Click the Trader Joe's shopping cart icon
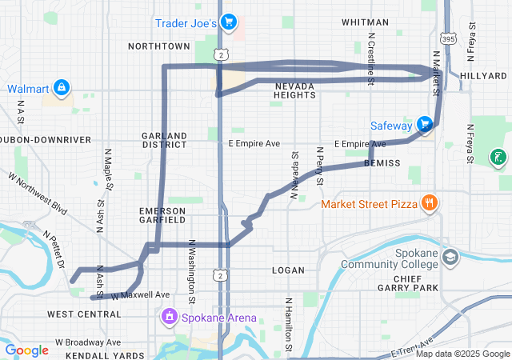click(228, 22)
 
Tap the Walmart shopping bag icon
click(62, 87)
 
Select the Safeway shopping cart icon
click(424, 125)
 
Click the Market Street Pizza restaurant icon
click(430, 203)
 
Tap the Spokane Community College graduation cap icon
click(450, 258)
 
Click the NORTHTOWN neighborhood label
click(158, 46)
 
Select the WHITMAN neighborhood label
click(365, 22)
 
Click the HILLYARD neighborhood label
click(484, 75)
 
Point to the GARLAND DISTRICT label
click(164, 141)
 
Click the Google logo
click(26, 350)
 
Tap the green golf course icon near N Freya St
click(497, 157)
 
